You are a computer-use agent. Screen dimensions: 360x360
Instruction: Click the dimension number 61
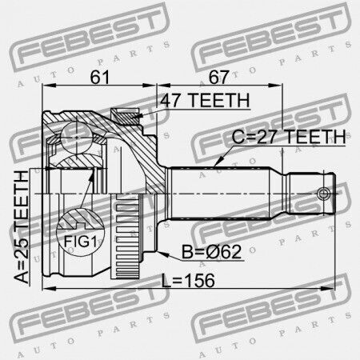[x=100, y=77]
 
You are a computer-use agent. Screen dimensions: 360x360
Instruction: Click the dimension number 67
[x=218, y=77]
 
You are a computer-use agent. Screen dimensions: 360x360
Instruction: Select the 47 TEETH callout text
[x=205, y=100]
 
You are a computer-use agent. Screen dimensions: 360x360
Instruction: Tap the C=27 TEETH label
[x=289, y=137]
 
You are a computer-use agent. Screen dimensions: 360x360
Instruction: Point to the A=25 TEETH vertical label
[x=22, y=227]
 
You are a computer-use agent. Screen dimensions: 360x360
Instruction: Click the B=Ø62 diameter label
[x=212, y=252]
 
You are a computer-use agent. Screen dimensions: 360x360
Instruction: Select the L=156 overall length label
[x=188, y=281]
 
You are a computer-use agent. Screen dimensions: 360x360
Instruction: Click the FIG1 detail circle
[x=80, y=232]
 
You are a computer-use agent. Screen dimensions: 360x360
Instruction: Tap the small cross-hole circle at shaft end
[x=323, y=193]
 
